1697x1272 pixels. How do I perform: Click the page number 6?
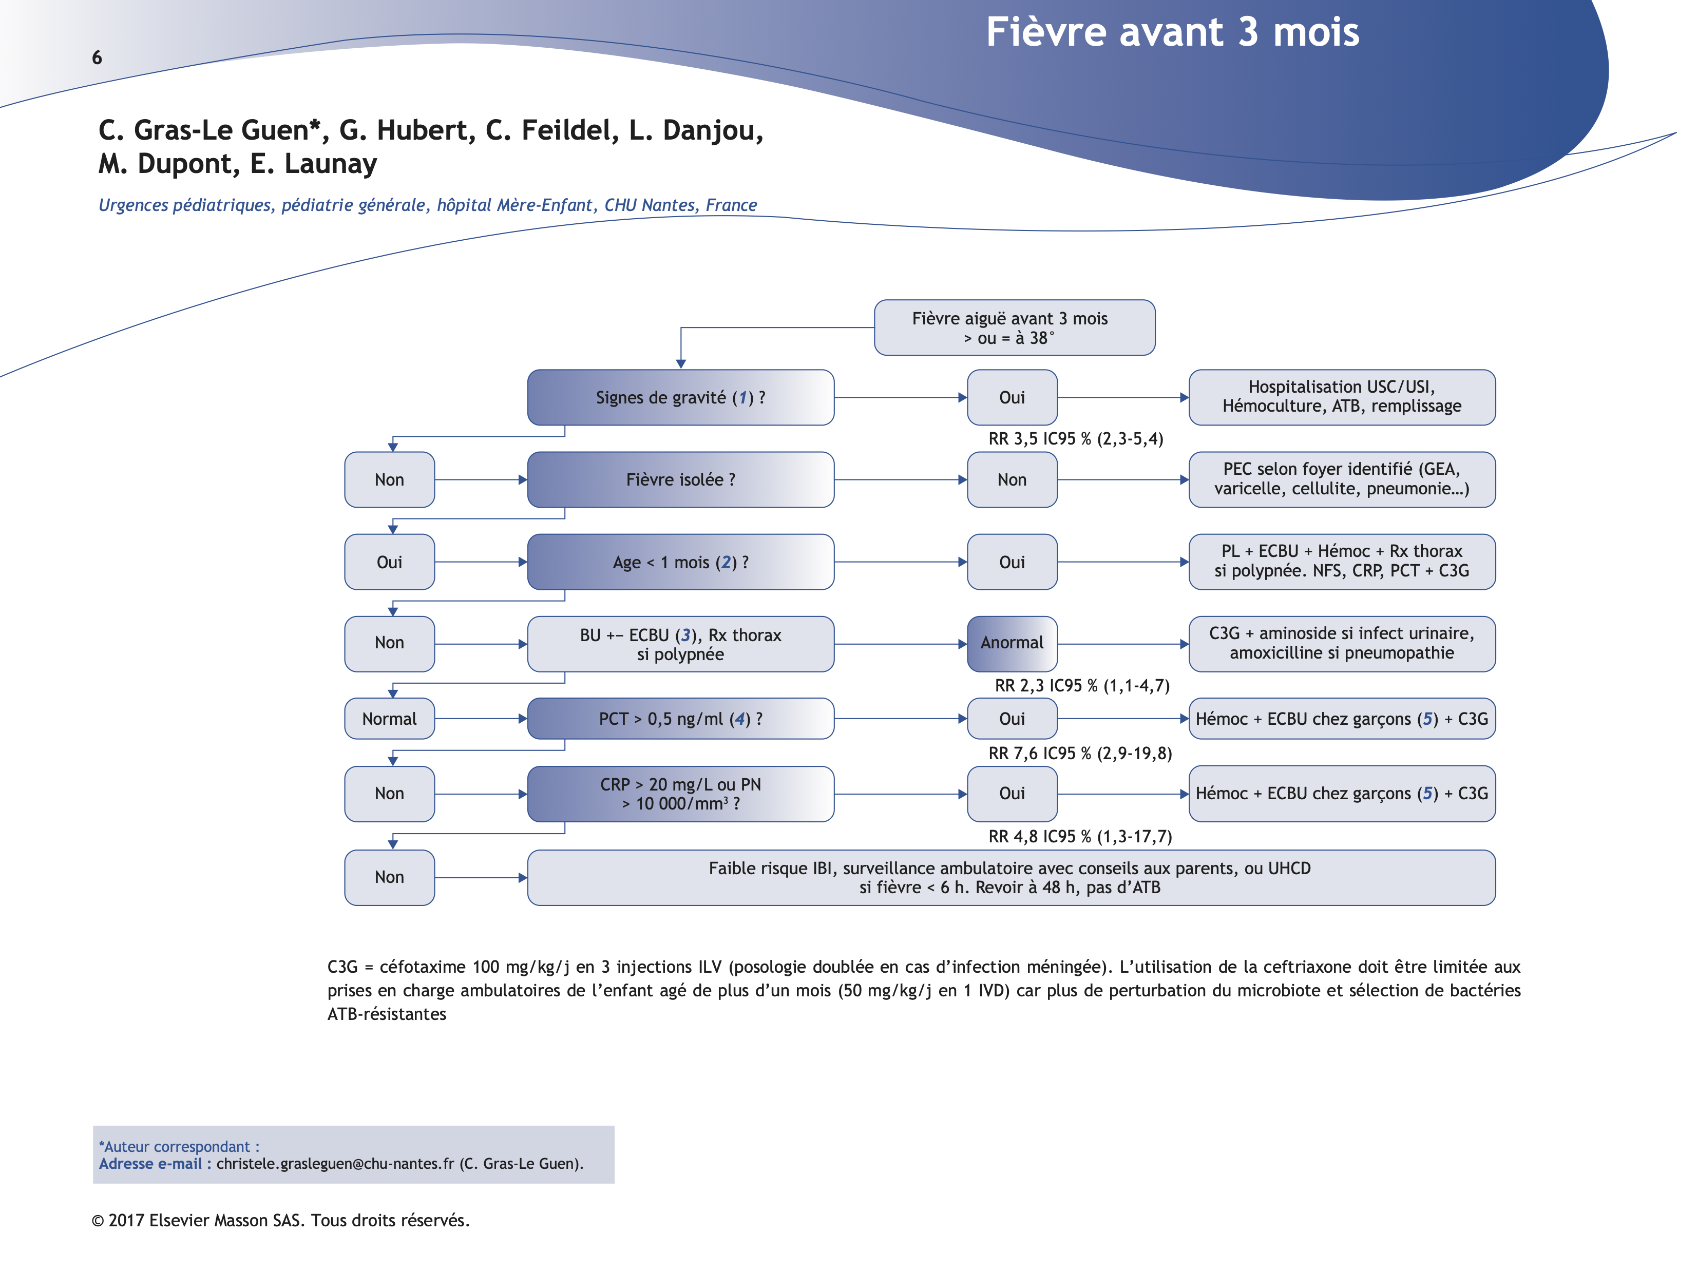pyautogui.click(x=97, y=57)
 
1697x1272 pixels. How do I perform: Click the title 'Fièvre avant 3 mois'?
pyautogui.click(x=1172, y=33)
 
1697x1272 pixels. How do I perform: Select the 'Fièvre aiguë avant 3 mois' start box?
pyautogui.click(x=1014, y=327)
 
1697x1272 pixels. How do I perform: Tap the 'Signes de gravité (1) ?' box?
pyautogui.click(x=680, y=397)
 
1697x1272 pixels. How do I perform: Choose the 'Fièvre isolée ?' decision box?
pyautogui.click(x=680, y=479)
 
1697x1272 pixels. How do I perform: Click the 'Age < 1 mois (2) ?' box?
pyautogui.click(x=680, y=563)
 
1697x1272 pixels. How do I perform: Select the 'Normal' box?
pyautogui.click(x=389, y=719)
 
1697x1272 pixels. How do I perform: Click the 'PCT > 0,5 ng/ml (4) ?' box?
pyautogui.click(x=680, y=719)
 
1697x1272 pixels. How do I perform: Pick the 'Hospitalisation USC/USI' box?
pyautogui.click(x=1341, y=397)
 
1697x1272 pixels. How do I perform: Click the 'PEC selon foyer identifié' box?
pyautogui.click(x=1341, y=479)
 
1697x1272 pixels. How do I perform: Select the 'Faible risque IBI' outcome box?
pyautogui.click(x=1010, y=878)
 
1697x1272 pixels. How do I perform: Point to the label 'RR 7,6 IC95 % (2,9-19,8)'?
pyautogui.click(x=1079, y=754)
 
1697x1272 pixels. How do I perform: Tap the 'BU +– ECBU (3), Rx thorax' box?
pyautogui.click(x=680, y=644)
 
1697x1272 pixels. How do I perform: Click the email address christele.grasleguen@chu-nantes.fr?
pyautogui.click(x=334, y=1164)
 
